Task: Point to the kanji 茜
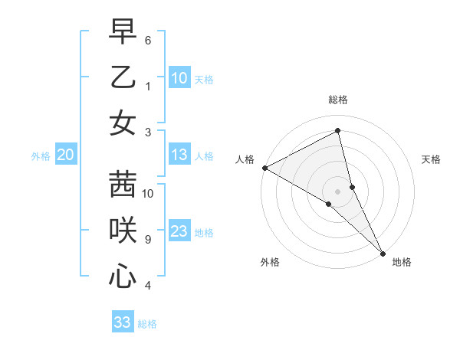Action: click(123, 183)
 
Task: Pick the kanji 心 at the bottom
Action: click(123, 276)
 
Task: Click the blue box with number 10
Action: click(179, 77)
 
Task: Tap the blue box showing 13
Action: click(179, 155)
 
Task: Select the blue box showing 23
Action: click(179, 232)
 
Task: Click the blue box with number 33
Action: click(123, 322)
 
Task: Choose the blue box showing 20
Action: click(65, 155)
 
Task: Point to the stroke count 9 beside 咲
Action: click(148, 240)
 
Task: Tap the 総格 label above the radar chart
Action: click(338, 100)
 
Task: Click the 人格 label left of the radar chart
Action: click(245, 159)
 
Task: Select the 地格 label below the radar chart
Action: click(402, 263)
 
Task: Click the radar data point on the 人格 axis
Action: click(264, 168)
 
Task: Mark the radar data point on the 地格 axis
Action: click(382, 252)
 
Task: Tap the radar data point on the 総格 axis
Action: click(338, 131)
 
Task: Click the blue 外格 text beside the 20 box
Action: click(41, 156)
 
